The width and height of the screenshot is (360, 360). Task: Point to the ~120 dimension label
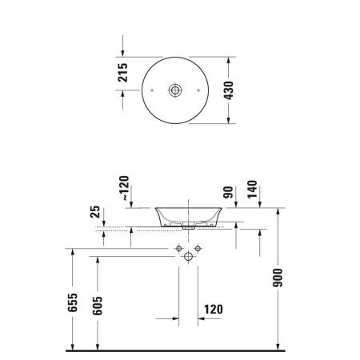coord(123,190)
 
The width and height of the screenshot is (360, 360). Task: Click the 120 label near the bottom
coord(215,309)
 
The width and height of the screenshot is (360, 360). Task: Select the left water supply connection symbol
coord(178,250)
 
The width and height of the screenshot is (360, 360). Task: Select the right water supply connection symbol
coord(197,250)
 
